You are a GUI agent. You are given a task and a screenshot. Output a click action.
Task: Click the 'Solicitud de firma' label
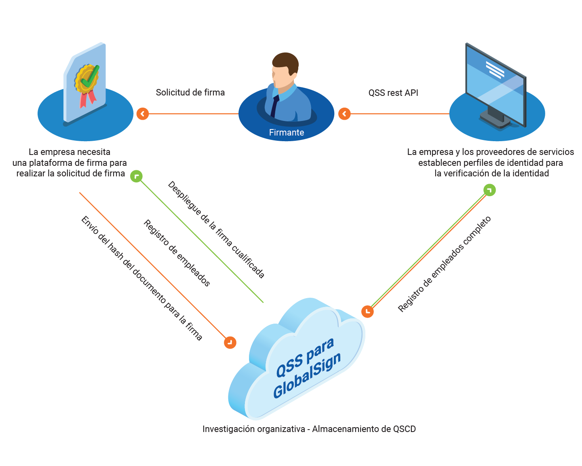[190, 93]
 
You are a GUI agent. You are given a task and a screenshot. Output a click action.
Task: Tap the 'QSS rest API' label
[393, 93]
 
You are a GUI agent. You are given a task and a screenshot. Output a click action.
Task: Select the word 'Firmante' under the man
[287, 133]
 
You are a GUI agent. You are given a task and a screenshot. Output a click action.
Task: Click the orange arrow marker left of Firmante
[344, 114]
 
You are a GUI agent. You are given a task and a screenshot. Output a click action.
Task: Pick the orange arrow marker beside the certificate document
[143, 114]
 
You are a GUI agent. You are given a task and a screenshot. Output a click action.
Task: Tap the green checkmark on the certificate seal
[91, 77]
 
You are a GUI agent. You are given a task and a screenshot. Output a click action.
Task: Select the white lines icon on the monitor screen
[495, 70]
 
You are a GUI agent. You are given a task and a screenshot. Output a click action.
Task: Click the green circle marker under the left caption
[137, 176]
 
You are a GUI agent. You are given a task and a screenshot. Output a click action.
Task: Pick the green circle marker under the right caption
[489, 190]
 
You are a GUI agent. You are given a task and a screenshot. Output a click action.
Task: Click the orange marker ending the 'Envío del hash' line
[230, 343]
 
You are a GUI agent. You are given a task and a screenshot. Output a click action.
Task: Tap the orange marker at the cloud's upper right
[367, 311]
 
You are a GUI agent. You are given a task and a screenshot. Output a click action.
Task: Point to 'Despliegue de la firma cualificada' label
[216, 230]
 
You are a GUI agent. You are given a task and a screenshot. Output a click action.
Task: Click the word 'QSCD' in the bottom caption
[404, 429]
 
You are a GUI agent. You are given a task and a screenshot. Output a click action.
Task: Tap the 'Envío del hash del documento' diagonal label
[141, 278]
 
